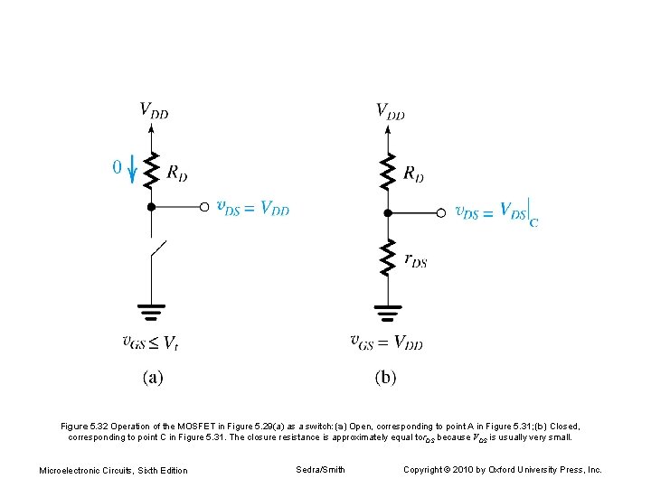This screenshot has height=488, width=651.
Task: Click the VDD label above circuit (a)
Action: point(153,111)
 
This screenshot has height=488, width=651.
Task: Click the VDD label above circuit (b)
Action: point(390,111)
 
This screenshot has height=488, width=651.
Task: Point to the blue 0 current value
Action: point(117,167)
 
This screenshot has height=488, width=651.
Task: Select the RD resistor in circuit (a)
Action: point(151,169)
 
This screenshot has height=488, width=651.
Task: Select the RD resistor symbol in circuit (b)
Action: point(388,172)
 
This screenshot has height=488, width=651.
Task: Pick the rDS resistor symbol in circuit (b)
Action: point(388,258)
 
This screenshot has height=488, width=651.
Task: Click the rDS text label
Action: point(415,261)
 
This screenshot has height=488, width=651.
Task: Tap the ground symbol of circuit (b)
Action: point(388,314)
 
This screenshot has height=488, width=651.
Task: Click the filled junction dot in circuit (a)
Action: point(151,207)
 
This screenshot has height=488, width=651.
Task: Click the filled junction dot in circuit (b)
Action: point(388,213)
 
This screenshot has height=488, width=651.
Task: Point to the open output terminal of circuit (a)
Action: point(204,207)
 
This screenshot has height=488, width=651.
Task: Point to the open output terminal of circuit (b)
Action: point(441,213)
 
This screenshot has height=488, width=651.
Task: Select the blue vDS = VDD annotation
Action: point(253,207)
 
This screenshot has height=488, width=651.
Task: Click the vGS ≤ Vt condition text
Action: point(150,343)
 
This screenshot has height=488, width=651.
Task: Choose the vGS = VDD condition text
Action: point(386,343)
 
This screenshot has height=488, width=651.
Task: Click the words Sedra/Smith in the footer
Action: point(320,469)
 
